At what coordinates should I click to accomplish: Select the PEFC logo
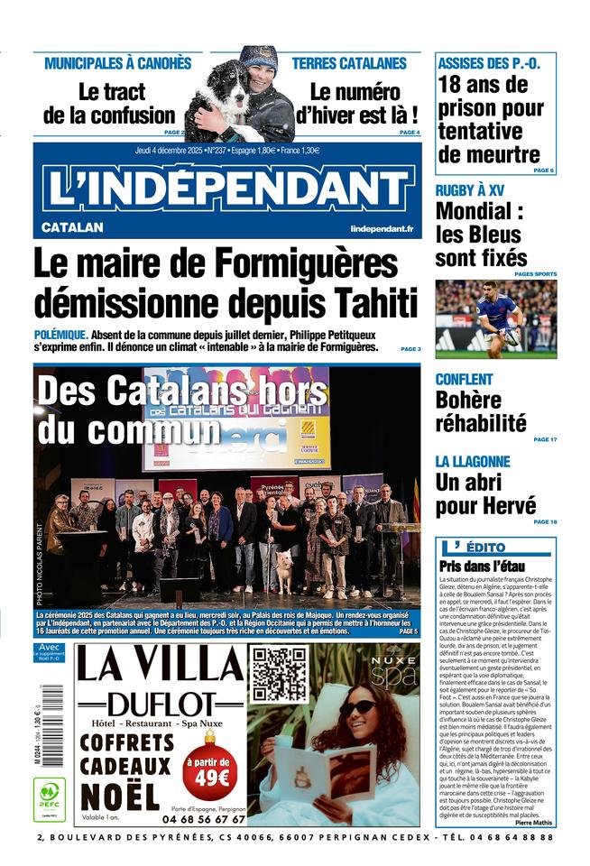[x=49, y=797]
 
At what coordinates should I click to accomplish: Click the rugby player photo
[x=495, y=318]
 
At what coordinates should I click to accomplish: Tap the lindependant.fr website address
[x=382, y=229]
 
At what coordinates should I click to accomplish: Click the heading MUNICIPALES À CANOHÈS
[x=118, y=64]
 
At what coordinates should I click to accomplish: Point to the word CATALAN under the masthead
[x=72, y=228]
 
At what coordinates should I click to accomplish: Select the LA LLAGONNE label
[x=473, y=461]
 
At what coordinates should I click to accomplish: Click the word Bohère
[x=467, y=400]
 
